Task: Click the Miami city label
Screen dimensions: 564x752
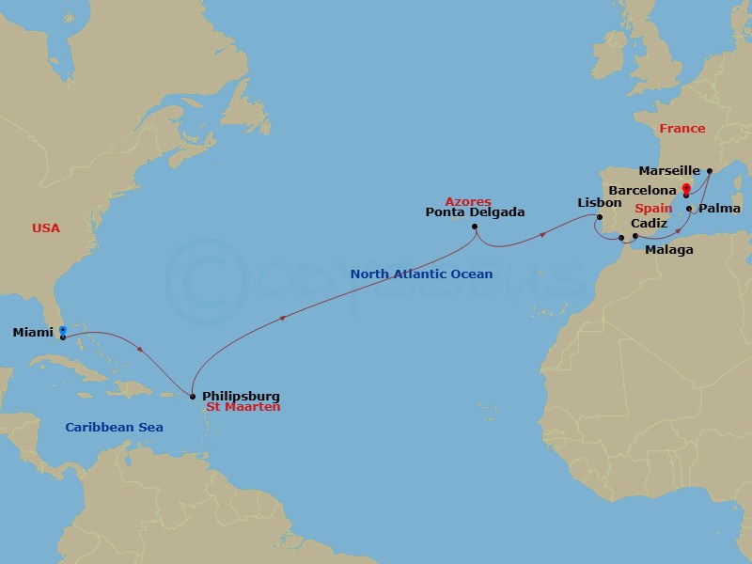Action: (x=33, y=333)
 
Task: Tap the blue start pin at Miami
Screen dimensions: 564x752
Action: (x=62, y=330)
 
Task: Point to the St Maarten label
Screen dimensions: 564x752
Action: (x=243, y=407)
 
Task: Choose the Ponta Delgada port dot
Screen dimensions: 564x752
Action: (x=476, y=227)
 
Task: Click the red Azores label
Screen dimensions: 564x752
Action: (x=468, y=201)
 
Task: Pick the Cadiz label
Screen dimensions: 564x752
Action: (x=650, y=223)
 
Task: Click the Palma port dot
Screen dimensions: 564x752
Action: (x=689, y=209)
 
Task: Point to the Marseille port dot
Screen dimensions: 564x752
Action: (x=710, y=171)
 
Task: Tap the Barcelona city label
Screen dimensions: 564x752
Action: (x=642, y=190)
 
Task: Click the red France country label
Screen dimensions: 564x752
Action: (x=681, y=129)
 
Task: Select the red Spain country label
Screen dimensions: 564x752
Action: (x=652, y=207)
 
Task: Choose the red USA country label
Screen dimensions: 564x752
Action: (x=45, y=228)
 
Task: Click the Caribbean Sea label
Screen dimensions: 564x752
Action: (x=114, y=428)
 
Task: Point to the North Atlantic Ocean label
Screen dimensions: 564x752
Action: (x=421, y=274)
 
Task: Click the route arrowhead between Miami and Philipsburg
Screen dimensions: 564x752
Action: (x=140, y=351)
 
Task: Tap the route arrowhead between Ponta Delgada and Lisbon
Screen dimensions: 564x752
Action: (x=544, y=236)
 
